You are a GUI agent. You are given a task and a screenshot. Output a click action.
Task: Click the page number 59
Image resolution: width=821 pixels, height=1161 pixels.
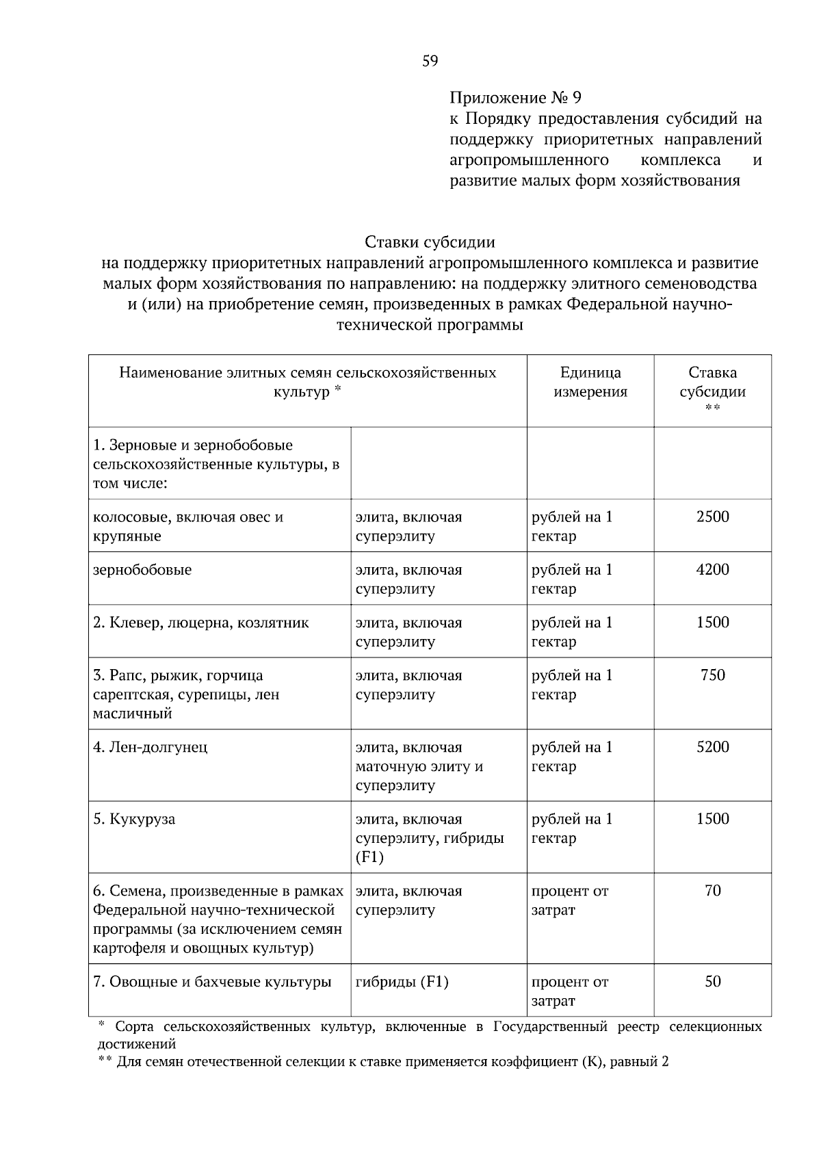point(430,62)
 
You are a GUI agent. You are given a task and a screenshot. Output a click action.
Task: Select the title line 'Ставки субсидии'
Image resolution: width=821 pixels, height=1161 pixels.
point(430,242)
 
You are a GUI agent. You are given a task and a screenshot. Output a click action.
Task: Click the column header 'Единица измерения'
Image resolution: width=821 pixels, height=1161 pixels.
point(590,382)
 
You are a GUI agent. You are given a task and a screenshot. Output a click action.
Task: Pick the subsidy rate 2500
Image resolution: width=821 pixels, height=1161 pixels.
point(712,517)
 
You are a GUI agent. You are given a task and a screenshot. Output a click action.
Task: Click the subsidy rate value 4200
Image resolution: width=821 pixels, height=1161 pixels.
point(712,570)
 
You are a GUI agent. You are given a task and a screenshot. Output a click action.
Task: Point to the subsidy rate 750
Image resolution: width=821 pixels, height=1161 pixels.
point(712,675)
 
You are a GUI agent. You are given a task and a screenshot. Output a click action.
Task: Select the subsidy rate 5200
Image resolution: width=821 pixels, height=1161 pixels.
point(712,747)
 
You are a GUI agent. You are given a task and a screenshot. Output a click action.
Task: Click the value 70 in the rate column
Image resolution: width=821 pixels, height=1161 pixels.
point(712,891)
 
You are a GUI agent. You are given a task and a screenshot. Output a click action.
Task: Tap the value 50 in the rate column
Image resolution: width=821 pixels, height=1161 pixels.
point(712,982)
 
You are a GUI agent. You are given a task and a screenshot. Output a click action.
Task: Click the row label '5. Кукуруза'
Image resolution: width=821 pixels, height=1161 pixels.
point(134,820)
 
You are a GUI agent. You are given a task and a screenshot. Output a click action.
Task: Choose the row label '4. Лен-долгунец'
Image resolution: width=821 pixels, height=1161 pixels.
point(150,747)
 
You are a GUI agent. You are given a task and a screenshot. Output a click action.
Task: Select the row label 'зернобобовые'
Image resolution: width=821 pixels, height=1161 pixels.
point(142,570)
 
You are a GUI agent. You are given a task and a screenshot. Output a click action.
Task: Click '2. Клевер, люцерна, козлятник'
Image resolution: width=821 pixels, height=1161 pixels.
point(200,623)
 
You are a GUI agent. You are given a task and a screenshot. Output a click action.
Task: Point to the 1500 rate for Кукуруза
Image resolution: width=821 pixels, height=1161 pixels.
point(712,819)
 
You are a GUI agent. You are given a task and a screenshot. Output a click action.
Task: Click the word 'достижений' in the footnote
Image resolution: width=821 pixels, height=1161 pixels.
point(136,1045)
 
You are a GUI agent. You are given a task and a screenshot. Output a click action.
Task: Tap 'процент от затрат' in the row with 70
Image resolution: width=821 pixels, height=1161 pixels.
point(569,900)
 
